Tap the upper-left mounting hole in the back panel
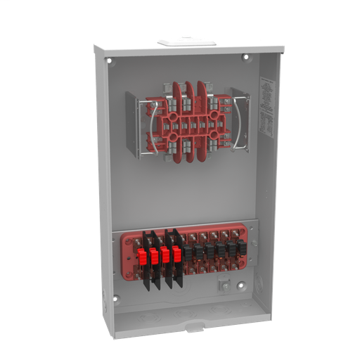(x=110, y=61)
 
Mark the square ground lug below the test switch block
(x=224, y=285)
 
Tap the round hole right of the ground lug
(x=240, y=285)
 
